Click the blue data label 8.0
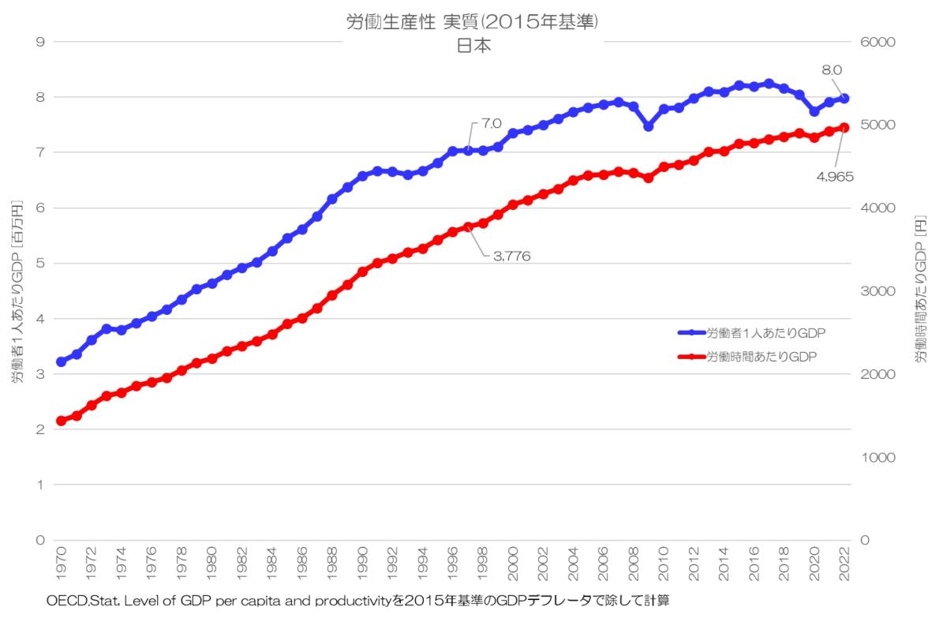pyautogui.click(x=832, y=69)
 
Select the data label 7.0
pyautogui.click(x=491, y=124)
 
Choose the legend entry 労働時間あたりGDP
pyautogui.click(x=761, y=355)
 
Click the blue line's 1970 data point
pyautogui.click(x=61, y=361)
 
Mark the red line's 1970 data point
pyautogui.click(x=61, y=421)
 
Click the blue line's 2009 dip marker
pyautogui.click(x=649, y=126)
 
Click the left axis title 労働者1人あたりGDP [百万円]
pyautogui.click(x=17, y=292)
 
